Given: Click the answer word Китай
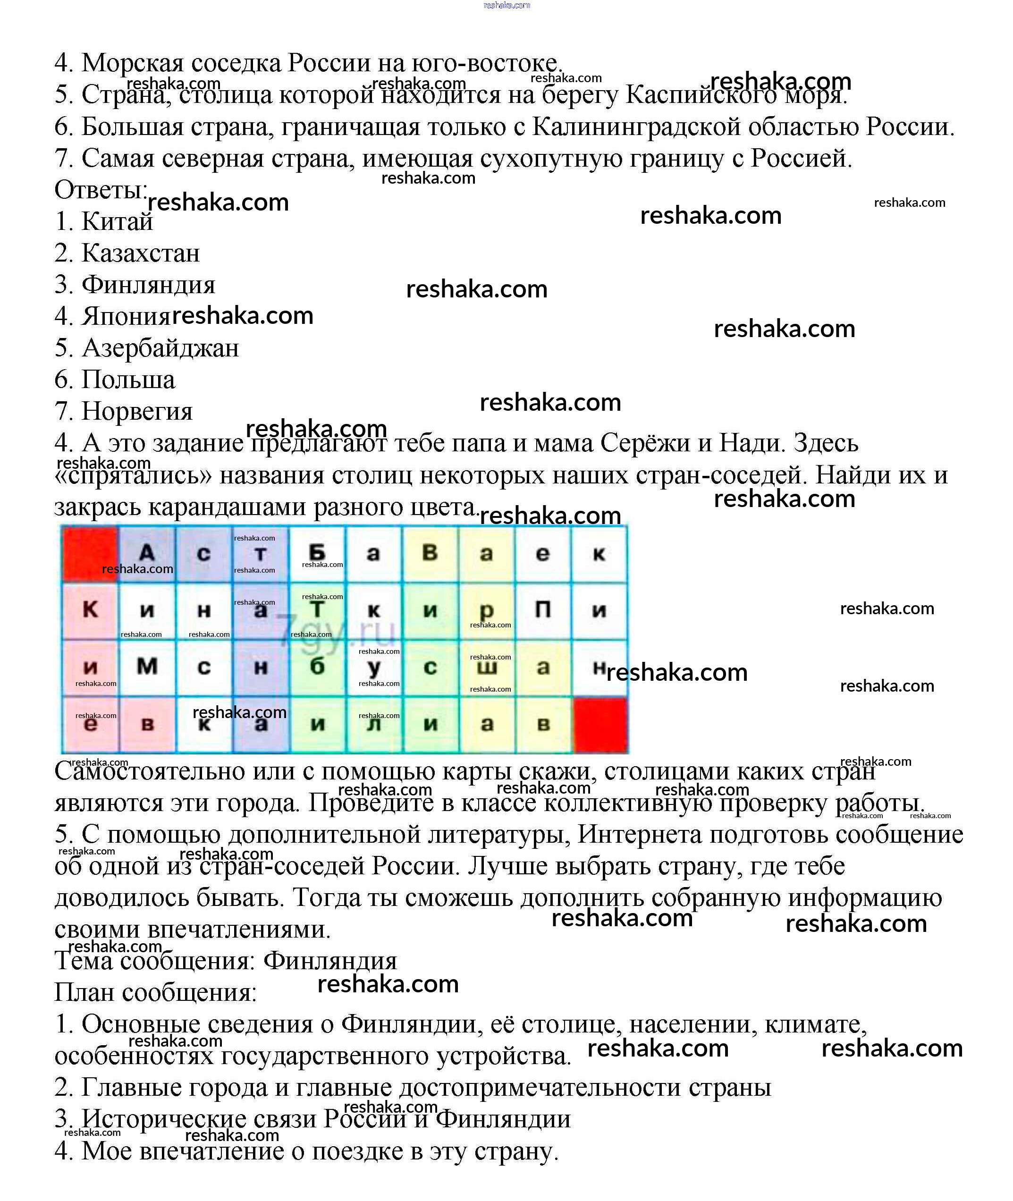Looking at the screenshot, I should (x=117, y=222).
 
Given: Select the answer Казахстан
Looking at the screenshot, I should (x=141, y=254).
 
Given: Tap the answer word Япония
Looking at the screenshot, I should (x=127, y=316).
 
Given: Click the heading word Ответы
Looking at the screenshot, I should (x=101, y=190).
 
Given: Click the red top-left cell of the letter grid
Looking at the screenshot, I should (x=90, y=553).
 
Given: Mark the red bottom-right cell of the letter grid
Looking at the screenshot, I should (x=600, y=724).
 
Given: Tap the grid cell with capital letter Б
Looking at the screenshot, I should (x=317, y=553).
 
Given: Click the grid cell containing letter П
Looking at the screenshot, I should (x=543, y=610).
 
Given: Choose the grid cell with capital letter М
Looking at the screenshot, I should (x=147, y=667).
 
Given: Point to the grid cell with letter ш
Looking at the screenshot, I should (x=487, y=667).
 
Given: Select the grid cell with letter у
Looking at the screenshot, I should (x=374, y=667).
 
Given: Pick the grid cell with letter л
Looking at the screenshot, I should (x=374, y=724).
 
